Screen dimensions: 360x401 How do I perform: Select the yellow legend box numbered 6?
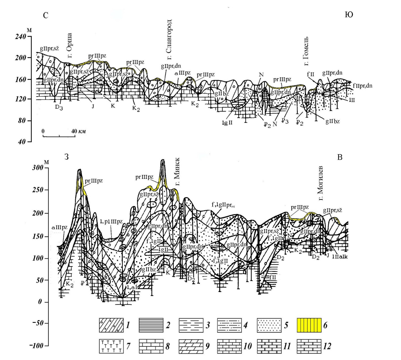coord(309,325)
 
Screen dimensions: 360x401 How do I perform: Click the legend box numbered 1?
coord(111,325)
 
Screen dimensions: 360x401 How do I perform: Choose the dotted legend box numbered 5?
coord(269,325)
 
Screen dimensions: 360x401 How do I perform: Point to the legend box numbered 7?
coord(111,346)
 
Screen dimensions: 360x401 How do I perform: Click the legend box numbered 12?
coord(309,346)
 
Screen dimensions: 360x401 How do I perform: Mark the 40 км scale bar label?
coord(78,131)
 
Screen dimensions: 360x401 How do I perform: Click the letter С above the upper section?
coord(45,15)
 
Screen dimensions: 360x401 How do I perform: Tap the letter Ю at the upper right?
coord(349,15)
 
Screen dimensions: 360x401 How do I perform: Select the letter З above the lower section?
coord(67,157)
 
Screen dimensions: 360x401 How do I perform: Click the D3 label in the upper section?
coord(59,108)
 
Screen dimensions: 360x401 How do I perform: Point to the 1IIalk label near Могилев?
coord(340,257)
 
